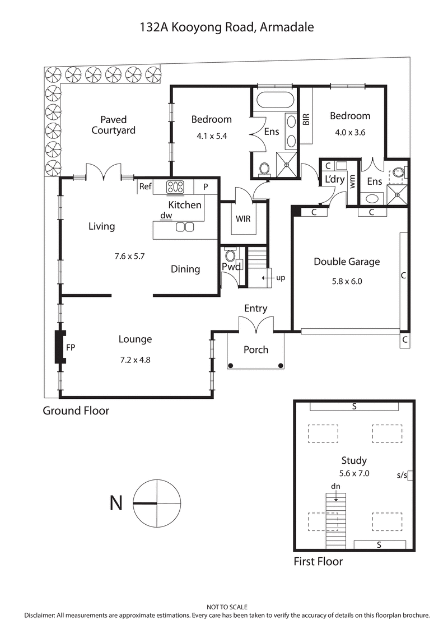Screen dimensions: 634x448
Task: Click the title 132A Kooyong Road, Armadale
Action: [x=227, y=27]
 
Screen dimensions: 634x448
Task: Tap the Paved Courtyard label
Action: [x=114, y=125]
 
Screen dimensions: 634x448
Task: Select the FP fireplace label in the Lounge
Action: [x=71, y=347]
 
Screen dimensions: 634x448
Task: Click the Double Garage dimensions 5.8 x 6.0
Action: [x=346, y=281]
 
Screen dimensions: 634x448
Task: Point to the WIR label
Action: [x=243, y=218]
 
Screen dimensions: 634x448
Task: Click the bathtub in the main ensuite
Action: [x=274, y=101]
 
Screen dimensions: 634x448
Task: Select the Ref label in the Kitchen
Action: [x=146, y=187]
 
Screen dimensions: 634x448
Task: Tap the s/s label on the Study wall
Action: [x=402, y=475]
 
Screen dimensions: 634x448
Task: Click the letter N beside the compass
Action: [x=116, y=504]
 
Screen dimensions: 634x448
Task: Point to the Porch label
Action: [x=256, y=349]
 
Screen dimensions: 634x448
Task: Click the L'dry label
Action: [x=334, y=180]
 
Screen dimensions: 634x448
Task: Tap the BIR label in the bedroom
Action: [x=306, y=119]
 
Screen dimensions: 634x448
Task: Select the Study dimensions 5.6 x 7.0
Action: [x=354, y=473]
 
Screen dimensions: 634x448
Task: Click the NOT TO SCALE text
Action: [x=227, y=607]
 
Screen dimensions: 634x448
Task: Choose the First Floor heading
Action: [x=318, y=561]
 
